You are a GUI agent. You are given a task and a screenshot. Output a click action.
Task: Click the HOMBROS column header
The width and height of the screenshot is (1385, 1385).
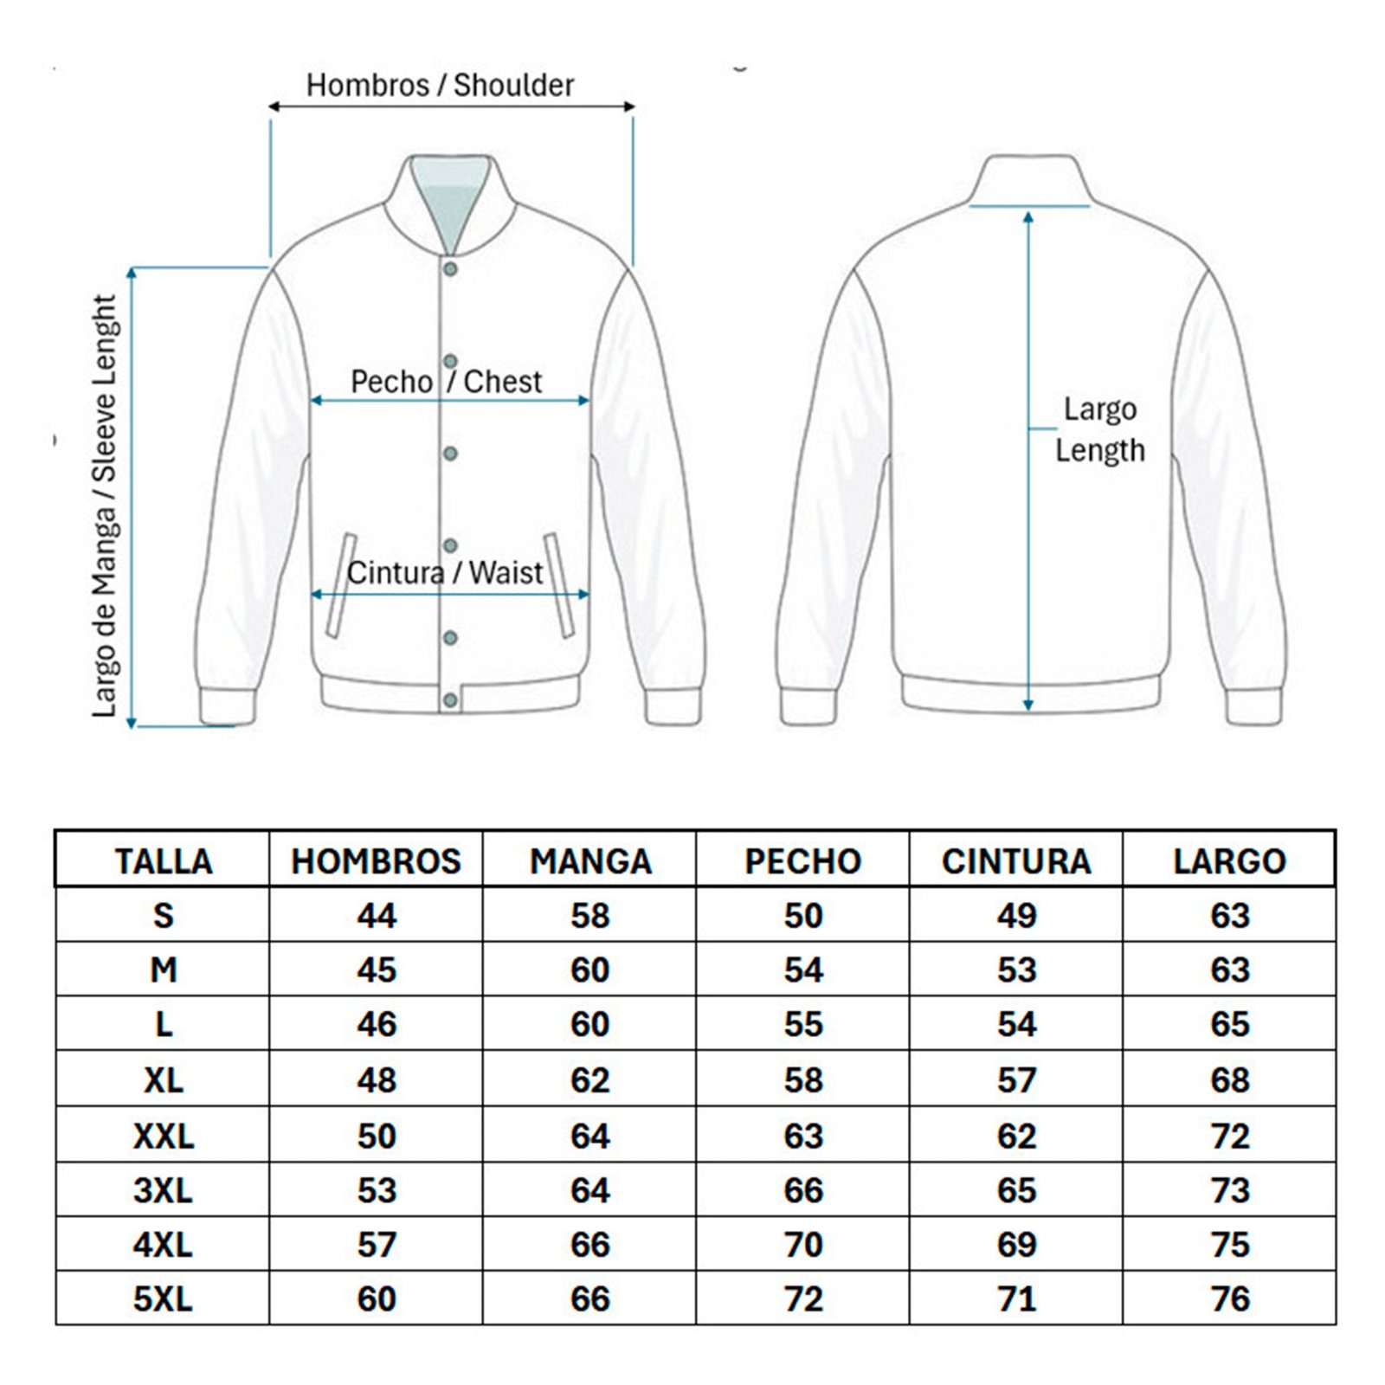(x=376, y=861)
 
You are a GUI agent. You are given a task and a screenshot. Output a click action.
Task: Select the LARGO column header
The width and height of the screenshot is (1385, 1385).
(x=1229, y=861)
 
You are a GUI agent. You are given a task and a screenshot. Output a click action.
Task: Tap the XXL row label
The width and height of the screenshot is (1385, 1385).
(x=163, y=1136)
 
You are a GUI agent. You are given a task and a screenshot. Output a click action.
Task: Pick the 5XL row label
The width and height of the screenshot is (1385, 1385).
(x=163, y=1299)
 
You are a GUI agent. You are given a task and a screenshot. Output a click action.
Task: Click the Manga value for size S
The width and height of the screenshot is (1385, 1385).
(x=589, y=916)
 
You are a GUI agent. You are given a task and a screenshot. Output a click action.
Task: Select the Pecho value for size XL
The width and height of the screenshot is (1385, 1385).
(x=802, y=1080)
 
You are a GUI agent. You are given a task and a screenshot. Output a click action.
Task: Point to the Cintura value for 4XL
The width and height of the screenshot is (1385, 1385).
(x=1016, y=1245)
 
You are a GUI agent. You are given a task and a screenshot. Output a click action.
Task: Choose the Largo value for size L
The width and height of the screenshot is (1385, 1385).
(x=1229, y=1025)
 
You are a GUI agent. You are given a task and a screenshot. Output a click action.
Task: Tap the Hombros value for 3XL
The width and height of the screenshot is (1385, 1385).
(x=376, y=1190)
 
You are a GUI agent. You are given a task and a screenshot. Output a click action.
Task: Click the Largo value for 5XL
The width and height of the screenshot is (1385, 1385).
(x=1229, y=1299)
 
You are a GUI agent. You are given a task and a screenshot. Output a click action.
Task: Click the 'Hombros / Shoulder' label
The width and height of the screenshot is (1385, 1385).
(x=440, y=85)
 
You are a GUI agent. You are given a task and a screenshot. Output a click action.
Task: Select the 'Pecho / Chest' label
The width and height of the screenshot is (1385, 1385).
(x=446, y=382)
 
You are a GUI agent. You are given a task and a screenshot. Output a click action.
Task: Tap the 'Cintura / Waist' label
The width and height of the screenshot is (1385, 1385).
(x=445, y=573)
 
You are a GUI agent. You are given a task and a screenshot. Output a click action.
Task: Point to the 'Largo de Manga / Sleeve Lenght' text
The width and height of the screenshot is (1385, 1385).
(x=104, y=506)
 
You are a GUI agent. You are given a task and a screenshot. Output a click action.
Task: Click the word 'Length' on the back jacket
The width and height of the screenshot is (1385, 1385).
(x=1099, y=451)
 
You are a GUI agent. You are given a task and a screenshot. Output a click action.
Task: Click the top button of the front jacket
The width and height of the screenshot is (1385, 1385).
(x=450, y=270)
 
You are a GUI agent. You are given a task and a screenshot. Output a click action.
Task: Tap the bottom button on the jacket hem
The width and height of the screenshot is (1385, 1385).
(x=450, y=699)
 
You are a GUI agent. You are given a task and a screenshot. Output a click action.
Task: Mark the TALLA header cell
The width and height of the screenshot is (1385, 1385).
(x=163, y=861)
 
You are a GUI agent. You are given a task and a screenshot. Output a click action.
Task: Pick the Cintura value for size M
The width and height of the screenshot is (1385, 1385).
(x=1016, y=970)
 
